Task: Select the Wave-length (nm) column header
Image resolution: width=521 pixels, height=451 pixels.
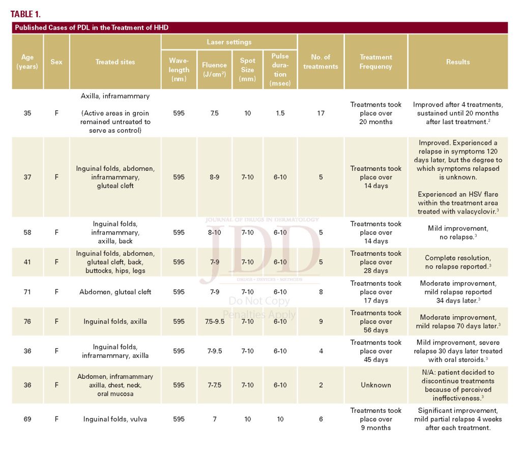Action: click(x=179, y=70)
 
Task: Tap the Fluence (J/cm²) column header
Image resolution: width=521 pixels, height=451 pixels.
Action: click(x=214, y=70)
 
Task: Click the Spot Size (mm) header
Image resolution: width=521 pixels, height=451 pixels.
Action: click(x=247, y=70)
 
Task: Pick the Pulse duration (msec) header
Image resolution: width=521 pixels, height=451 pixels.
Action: click(x=280, y=70)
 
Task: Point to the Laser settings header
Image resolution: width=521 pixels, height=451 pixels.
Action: click(x=229, y=42)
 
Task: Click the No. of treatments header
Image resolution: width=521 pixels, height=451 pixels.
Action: click(x=321, y=62)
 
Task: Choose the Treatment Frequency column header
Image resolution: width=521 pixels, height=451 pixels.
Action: click(x=375, y=62)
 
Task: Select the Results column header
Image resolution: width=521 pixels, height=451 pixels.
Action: click(x=458, y=62)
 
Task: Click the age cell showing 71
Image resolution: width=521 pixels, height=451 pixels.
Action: click(x=27, y=292)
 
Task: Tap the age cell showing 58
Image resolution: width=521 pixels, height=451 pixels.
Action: click(x=27, y=232)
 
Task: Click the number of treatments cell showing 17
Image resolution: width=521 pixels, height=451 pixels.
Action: click(x=321, y=113)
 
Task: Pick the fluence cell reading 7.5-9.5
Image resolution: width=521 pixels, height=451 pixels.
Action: click(x=214, y=321)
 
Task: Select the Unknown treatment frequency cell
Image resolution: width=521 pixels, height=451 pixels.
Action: click(x=375, y=385)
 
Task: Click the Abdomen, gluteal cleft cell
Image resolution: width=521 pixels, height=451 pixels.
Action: click(x=115, y=292)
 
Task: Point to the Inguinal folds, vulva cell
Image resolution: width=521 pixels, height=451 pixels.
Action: click(x=115, y=419)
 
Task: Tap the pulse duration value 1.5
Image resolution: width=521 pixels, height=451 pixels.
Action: click(x=280, y=113)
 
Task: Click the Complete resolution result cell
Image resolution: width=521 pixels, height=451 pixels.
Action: click(x=458, y=262)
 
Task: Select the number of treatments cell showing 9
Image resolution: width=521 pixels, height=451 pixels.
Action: click(x=321, y=321)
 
